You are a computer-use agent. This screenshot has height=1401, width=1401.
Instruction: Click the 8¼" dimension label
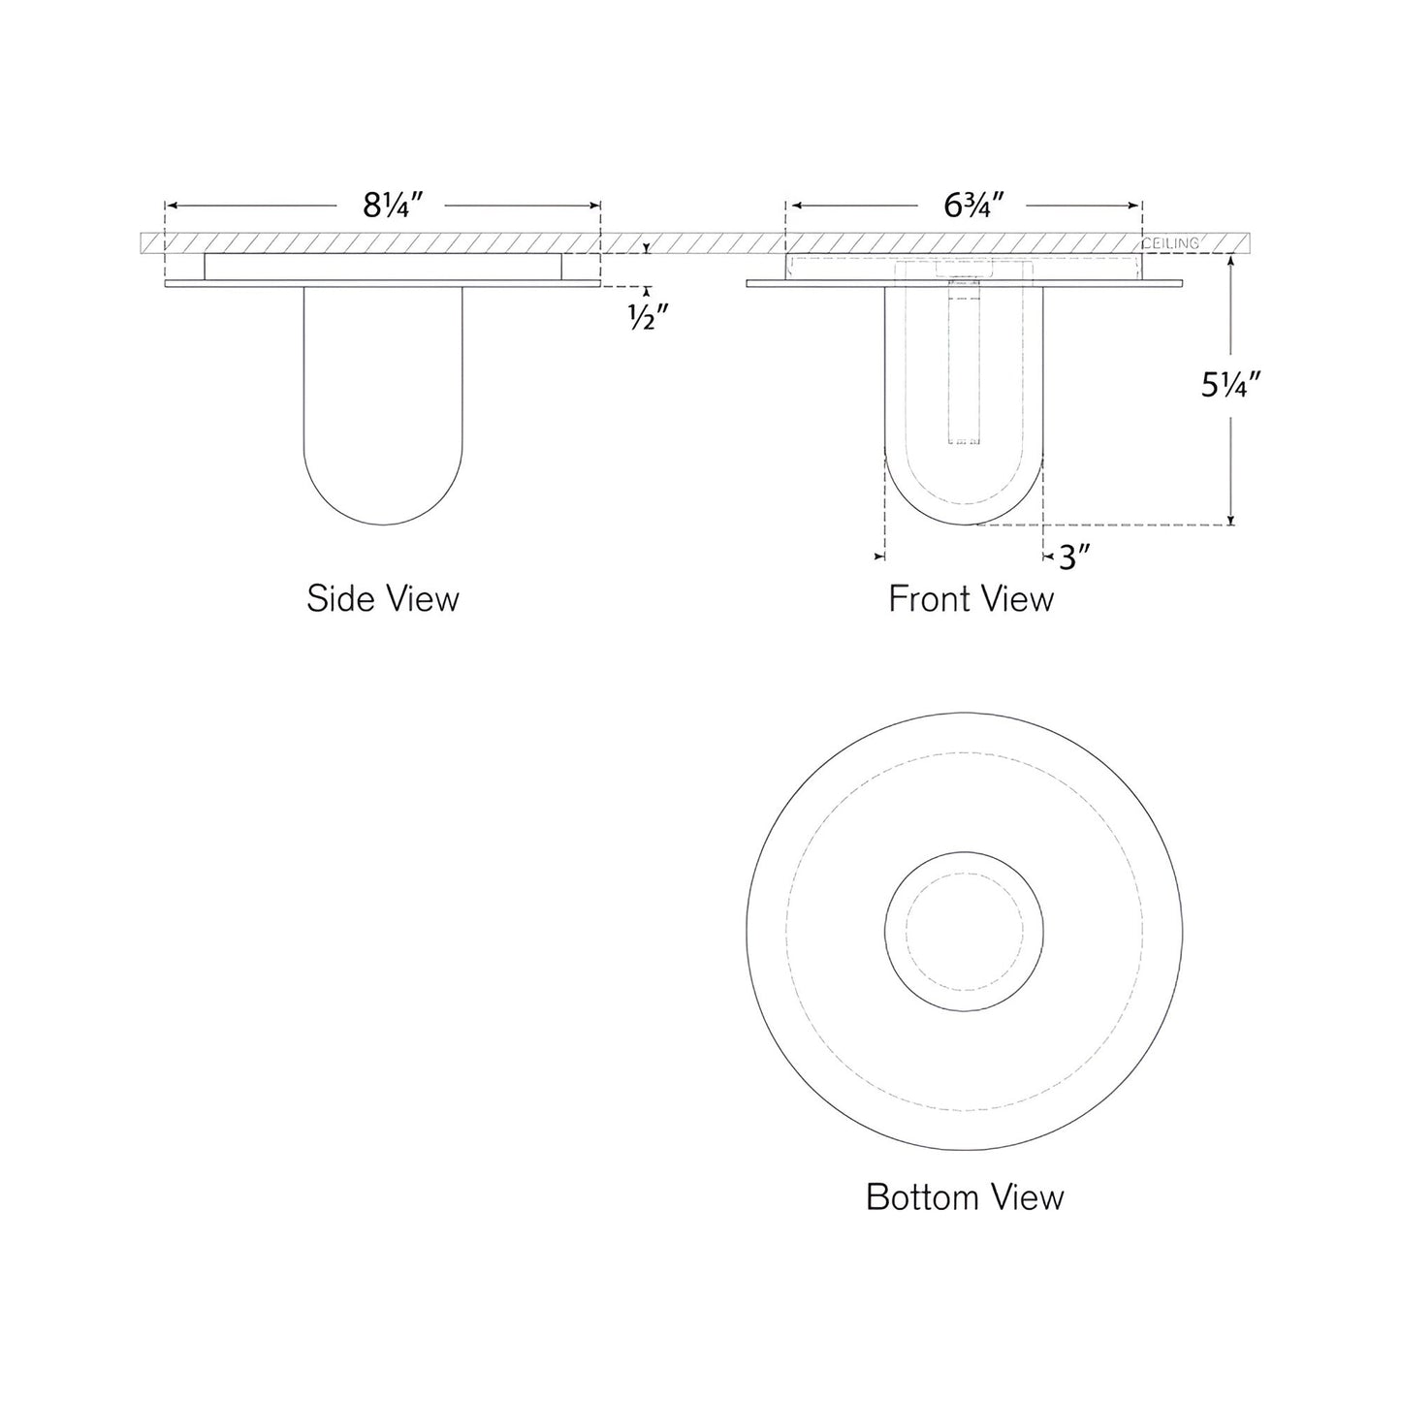(x=394, y=206)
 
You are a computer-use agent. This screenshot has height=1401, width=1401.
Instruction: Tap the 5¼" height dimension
(x=1229, y=386)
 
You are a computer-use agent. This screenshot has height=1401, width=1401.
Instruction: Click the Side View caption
(x=382, y=598)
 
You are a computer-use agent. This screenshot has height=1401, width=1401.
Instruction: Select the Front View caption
(x=971, y=598)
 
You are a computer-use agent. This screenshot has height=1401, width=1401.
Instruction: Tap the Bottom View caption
(x=965, y=1196)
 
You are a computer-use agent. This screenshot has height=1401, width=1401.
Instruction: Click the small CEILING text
(x=1170, y=243)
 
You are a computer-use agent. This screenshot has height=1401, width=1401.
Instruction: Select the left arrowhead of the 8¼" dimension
(x=171, y=206)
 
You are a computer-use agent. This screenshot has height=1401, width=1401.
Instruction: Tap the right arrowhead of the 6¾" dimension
(x=1136, y=206)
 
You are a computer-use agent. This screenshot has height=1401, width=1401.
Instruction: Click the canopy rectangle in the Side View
(x=383, y=268)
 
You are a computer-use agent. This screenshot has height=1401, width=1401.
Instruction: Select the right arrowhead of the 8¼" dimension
(x=595, y=206)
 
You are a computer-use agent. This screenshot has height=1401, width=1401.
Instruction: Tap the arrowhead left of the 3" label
(x=1050, y=557)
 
